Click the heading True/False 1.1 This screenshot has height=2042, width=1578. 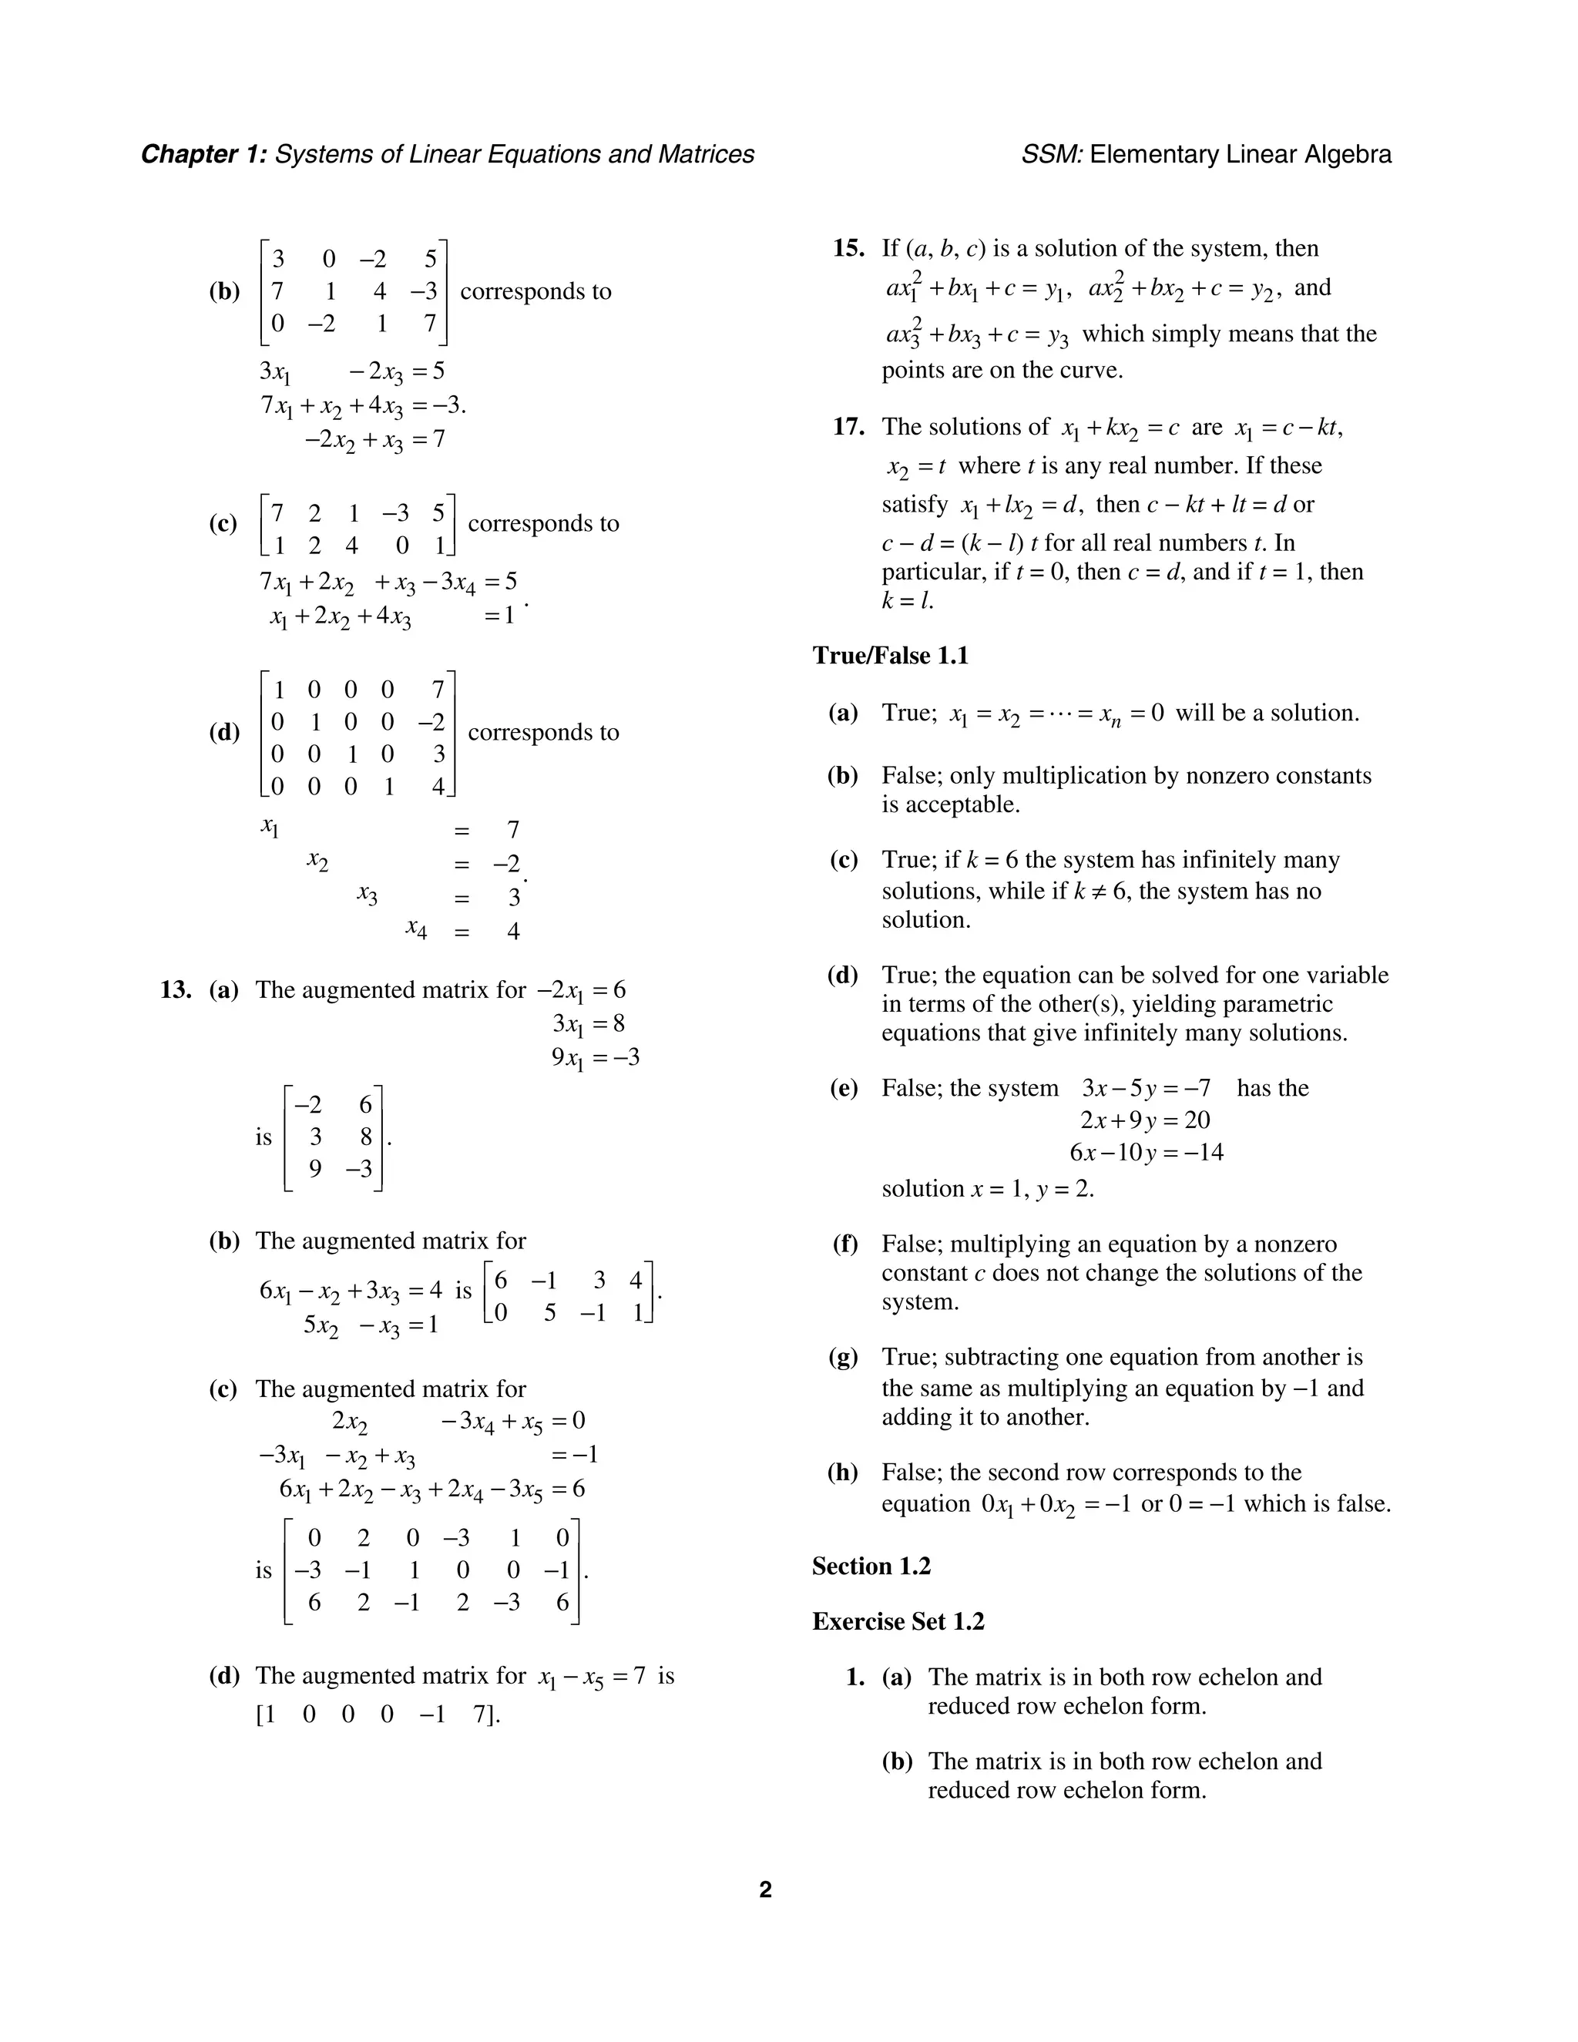pos(890,656)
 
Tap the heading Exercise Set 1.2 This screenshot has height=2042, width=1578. pos(898,1621)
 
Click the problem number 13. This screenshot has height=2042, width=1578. pos(176,989)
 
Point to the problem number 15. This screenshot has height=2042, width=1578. pos(848,248)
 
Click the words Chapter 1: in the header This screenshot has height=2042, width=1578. pos(203,154)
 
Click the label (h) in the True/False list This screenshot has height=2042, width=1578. pos(842,1473)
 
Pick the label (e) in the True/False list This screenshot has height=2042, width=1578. pos(842,1087)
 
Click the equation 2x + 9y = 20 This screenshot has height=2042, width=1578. pos(1145,1120)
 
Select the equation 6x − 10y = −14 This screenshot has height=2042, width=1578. pos(1146,1152)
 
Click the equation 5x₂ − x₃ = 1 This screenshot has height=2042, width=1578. pos(370,1326)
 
